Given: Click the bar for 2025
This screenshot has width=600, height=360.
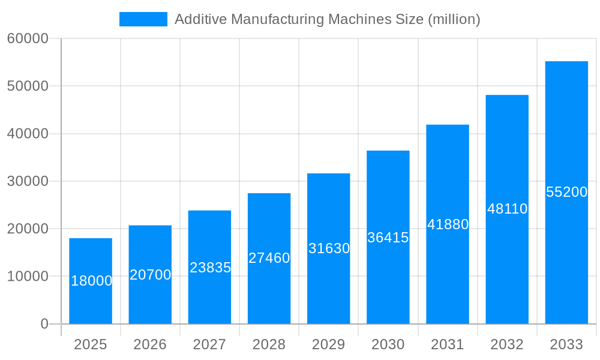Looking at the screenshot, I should pos(91,300).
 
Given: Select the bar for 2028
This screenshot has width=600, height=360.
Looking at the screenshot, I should pos(269,288).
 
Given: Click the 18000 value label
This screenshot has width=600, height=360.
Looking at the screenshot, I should pos(92,281).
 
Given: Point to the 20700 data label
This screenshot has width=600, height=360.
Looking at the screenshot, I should pos(151,275).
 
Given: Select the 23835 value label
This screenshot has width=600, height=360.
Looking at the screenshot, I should pos(210,268).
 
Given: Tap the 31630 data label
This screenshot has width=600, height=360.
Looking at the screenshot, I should pos(329,248).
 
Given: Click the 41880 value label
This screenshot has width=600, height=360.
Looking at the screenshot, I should pos(448,224).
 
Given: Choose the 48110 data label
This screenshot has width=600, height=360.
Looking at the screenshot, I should pos(507,209).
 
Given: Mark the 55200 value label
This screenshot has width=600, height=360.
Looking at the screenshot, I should pos(566,192).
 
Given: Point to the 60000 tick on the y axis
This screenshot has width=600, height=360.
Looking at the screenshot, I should pos(28,39).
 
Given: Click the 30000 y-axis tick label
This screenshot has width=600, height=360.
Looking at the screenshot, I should pos(28,181).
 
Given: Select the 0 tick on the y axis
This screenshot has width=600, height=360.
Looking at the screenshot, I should pos(44,324).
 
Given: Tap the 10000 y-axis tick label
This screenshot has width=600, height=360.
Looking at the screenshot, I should pos(28,277).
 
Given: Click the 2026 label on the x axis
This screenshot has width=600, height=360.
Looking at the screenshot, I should pos(150,344).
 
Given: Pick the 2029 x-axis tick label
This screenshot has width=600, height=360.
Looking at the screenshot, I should pos(329,344).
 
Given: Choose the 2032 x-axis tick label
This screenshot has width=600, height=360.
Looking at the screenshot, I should pos(507,344).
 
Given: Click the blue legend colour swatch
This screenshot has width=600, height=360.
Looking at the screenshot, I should pos(143,19).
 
